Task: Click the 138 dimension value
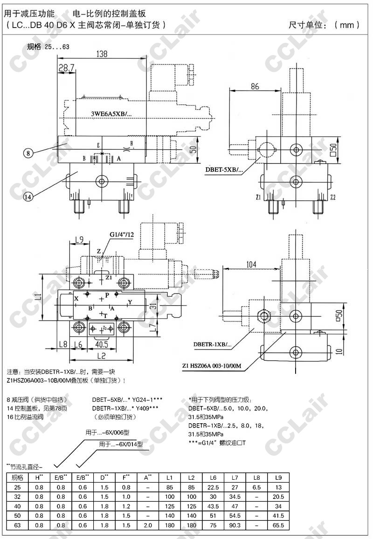[102, 54]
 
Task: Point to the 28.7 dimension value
[67, 69]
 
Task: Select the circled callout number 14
[28, 196]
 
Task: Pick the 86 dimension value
[255, 86]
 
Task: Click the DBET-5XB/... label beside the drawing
[224, 169]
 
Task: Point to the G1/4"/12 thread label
[122, 234]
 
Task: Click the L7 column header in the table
[235, 477]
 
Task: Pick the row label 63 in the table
[17, 525]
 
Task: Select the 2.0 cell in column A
[147, 525]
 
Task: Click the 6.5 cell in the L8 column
[256, 487]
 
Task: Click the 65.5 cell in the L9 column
[278, 525]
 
